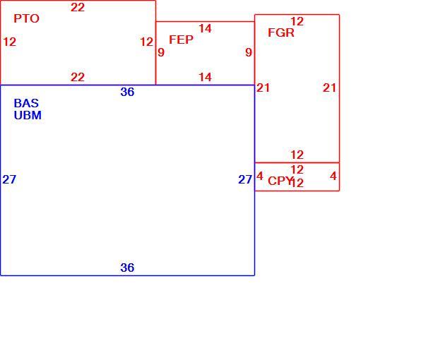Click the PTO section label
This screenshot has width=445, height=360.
[26, 19]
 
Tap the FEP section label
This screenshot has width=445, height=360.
[181, 40]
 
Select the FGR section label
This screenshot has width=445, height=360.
[281, 32]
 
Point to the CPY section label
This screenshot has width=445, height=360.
[280, 181]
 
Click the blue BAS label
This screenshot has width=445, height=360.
[26, 103]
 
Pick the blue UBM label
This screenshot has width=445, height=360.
[28, 115]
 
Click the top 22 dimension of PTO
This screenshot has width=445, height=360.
[78, 7]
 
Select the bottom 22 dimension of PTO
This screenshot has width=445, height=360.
[78, 77]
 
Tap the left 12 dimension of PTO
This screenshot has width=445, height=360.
[9, 42]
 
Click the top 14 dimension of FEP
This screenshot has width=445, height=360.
[205, 28]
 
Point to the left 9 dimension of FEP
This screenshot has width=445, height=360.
[161, 52]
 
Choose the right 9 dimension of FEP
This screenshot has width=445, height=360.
[249, 52]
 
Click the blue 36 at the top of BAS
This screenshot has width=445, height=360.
[127, 92]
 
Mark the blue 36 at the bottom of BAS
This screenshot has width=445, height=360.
[127, 268]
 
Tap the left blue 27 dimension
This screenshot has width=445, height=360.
[9, 179]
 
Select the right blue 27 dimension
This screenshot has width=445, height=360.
[245, 179]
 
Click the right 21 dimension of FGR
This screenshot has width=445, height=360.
[329, 88]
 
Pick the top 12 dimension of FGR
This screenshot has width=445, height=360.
[297, 21]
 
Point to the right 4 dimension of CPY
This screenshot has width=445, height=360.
[333, 176]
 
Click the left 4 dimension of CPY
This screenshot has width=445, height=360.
[260, 176]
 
